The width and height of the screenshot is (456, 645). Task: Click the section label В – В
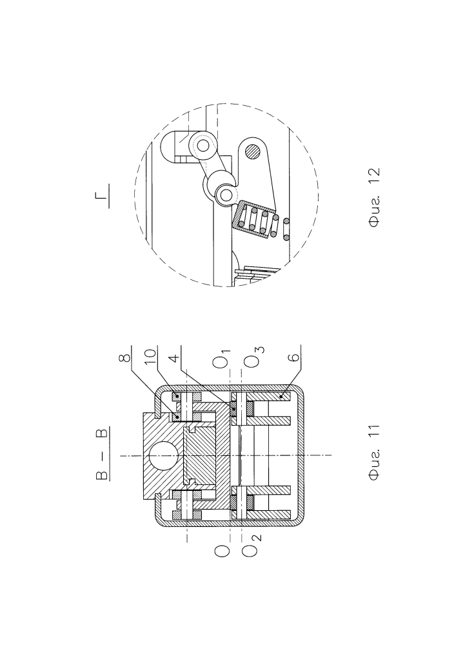click(x=102, y=454)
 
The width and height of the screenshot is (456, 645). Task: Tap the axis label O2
click(x=252, y=547)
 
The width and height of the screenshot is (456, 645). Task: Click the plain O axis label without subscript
click(x=222, y=550)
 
